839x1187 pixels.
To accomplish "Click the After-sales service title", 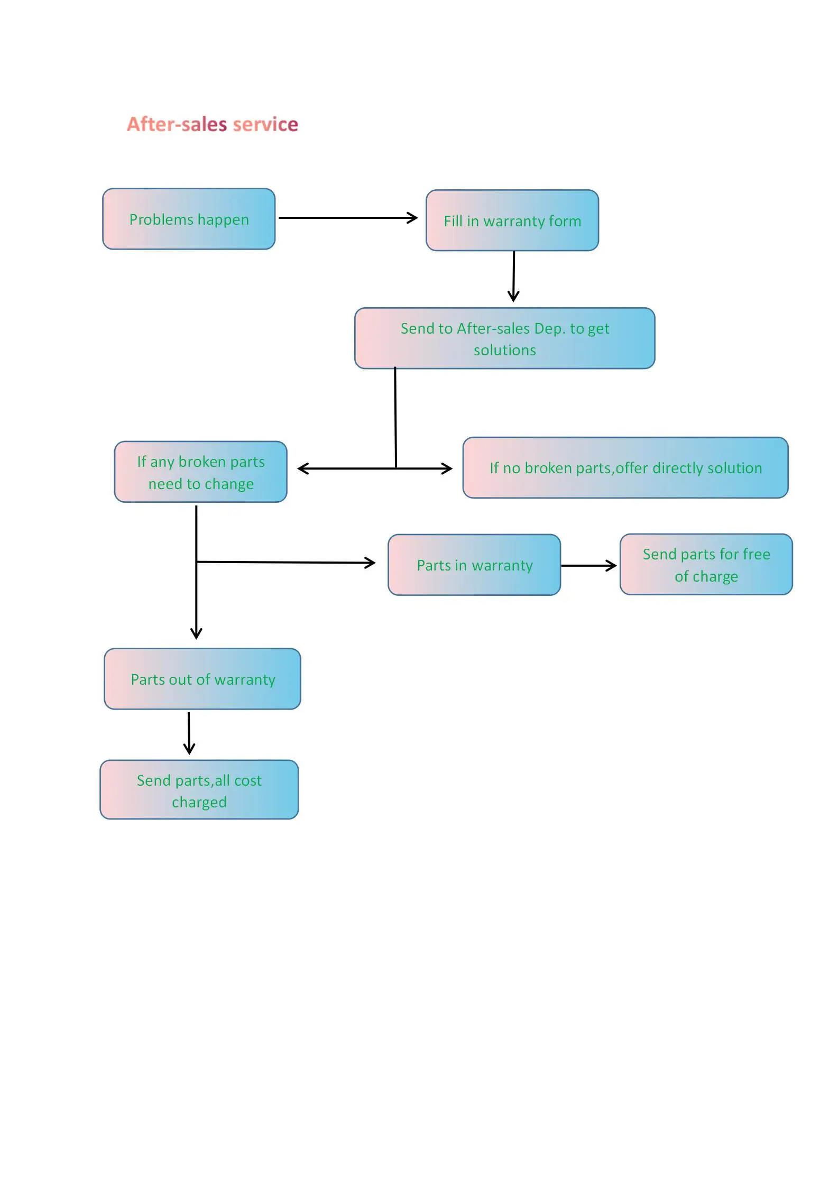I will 212,124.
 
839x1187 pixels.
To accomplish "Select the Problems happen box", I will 189,219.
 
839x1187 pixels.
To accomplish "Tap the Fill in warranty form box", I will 512,220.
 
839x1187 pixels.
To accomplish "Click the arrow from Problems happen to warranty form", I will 347,217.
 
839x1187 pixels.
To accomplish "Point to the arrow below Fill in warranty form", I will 513,276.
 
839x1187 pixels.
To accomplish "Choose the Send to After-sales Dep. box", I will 504,338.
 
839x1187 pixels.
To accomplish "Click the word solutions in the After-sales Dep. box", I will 504,350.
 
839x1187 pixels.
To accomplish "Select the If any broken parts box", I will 200,472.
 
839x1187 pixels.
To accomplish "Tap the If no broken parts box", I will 625,468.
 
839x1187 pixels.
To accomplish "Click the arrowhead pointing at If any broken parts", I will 303,468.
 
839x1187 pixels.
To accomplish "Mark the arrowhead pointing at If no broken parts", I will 447,468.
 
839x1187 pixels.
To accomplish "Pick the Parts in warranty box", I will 474,565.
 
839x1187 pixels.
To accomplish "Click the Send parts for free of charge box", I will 706,565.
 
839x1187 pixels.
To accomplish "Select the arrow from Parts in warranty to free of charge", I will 588,566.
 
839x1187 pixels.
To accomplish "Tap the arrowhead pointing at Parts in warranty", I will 370,563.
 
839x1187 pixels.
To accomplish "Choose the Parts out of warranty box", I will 202,679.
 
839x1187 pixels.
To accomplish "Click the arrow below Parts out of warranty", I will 189,733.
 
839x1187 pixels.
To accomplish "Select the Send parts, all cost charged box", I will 199,790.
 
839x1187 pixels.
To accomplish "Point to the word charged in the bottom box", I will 199,802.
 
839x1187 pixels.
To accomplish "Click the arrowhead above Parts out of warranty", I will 196,633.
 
